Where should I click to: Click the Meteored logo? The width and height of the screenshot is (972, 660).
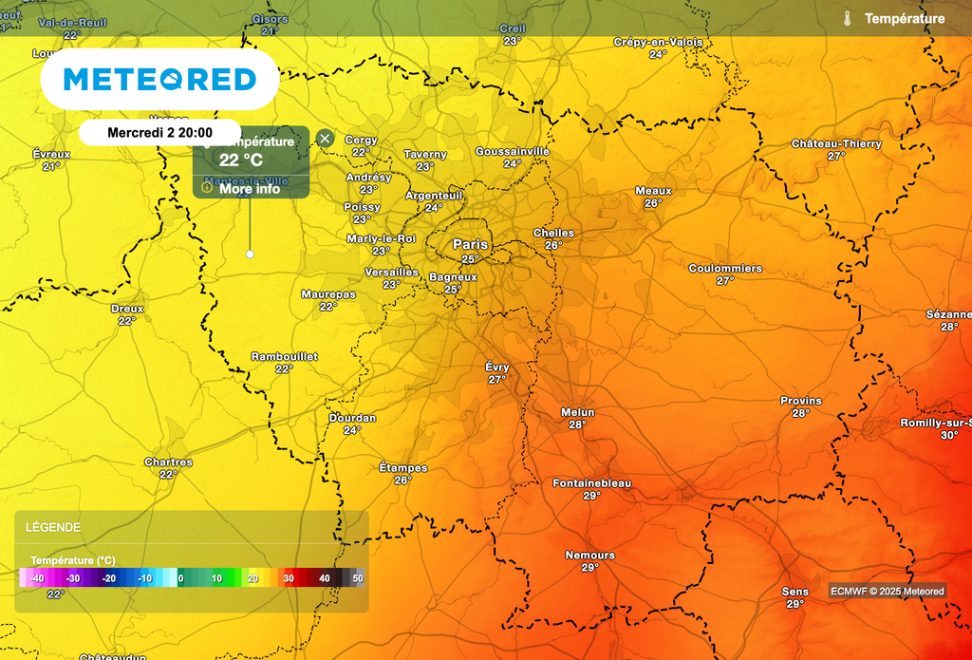159,79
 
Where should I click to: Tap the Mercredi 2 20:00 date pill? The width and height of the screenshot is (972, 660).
159,133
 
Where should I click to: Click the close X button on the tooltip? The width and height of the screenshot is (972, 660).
325,139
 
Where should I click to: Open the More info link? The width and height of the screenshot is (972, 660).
249,189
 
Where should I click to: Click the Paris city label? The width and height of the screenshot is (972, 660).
470,244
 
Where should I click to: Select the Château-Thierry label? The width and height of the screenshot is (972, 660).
836,143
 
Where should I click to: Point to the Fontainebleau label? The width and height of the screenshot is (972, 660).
591,483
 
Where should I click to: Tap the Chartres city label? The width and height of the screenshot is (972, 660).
168,462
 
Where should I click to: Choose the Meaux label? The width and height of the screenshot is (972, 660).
653,191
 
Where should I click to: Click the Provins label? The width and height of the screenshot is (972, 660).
800,401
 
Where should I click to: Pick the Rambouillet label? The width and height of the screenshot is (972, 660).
284,356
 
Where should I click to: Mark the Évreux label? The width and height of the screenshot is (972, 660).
51,154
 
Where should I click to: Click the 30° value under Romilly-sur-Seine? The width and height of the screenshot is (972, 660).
949,435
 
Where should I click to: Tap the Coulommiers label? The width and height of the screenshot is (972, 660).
725,269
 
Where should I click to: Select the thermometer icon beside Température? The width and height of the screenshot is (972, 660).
848,18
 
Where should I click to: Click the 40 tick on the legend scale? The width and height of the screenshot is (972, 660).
324,577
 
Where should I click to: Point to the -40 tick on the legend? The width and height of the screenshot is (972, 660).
37,577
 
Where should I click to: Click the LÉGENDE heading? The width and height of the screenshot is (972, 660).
53,527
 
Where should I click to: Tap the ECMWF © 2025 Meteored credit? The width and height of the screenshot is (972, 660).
888,591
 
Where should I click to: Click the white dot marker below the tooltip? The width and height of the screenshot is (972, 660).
250,254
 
